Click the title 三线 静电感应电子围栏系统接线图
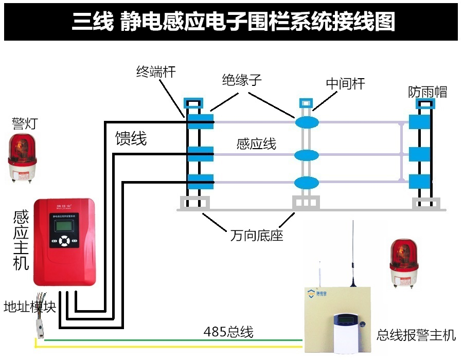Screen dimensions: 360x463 (233, 22)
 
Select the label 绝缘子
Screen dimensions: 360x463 (242, 80)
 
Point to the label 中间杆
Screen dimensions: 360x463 (345, 84)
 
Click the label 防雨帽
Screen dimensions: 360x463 (428, 92)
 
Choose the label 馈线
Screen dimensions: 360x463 (131, 138)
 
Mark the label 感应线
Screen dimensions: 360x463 (256, 144)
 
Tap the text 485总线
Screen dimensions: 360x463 (228, 332)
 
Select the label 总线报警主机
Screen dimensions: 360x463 (416, 335)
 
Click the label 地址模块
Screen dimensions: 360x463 (29, 307)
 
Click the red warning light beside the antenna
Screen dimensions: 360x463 (405, 262)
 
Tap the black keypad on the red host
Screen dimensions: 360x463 (64, 241)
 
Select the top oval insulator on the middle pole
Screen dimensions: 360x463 (307, 122)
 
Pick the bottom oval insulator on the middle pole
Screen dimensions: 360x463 (307, 182)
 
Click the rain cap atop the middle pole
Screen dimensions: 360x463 (306, 101)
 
